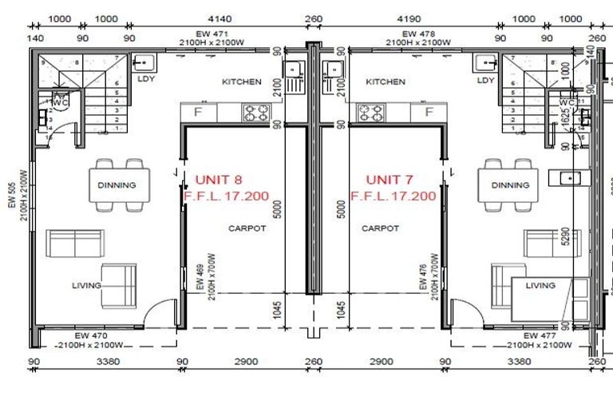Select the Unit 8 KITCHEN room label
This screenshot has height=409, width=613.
tap(241, 81)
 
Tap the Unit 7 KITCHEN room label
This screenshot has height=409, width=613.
tap(386, 81)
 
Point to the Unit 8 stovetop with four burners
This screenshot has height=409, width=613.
tap(255, 112)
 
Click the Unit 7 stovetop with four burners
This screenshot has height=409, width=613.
tap(371, 112)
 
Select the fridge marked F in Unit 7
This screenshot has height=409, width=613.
tap(429, 112)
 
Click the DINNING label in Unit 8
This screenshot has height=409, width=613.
tap(117, 185)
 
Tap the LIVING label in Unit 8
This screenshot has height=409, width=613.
tap(86, 285)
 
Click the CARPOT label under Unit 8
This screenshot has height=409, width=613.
tap(247, 228)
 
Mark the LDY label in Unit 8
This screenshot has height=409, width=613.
tap(145, 80)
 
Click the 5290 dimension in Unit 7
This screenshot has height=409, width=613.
tap(566, 238)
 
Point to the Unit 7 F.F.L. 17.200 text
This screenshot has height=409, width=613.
tap(393, 196)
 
